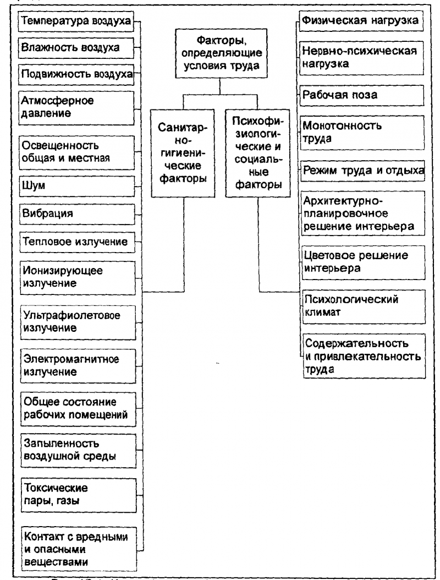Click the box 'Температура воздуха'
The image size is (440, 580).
76,23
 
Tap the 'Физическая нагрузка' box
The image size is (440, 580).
362,23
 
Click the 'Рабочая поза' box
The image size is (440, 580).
362,95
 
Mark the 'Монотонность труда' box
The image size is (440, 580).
362,132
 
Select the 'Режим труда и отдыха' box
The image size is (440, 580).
362,171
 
